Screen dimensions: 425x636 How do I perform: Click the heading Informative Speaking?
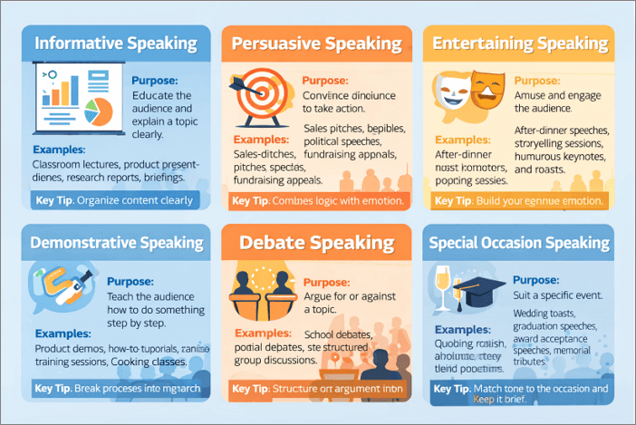pyautogui.click(x=115, y=43)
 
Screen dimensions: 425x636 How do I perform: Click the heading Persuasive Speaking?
pyautogui.click(x=316, y=43)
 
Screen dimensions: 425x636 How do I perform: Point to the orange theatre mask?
pyautogui.click(x=488, y=91)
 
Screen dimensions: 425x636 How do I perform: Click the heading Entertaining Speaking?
pyautogui.click(x=520, y=43)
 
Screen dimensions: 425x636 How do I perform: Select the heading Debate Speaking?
pyautogui.click(x=317, y=243)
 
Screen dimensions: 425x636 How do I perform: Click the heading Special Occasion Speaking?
pyautogui.click(x=520, y=243)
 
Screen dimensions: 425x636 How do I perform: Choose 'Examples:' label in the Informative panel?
pyautogui.click(x=59, y=149)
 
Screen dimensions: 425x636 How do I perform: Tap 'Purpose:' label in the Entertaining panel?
pyautogui.click(x=537, y=80)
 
